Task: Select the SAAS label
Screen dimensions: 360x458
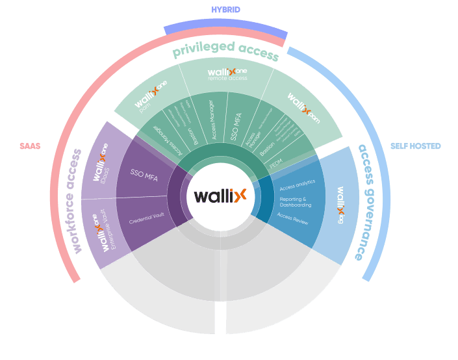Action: point(30,147)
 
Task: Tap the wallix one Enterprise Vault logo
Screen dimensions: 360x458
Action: point(103,232)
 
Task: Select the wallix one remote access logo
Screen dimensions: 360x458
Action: point(227,73)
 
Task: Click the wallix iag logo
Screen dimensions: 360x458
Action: point(340,201)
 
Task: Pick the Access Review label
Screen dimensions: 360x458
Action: point(292,218)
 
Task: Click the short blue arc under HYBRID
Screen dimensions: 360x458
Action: point(225,27)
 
